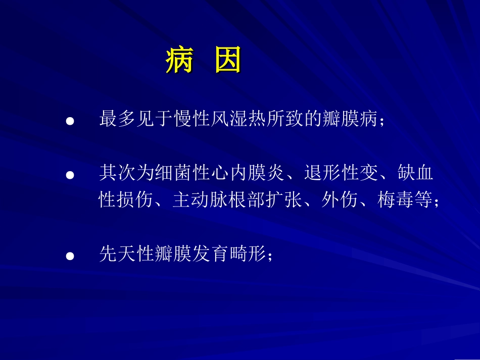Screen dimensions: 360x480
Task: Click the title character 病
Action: tap(179, 63)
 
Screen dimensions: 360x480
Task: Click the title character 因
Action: tap(228, 63)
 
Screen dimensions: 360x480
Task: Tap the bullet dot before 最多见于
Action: tap(71, 122)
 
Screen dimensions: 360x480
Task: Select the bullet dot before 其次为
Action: tap(71, 175)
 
